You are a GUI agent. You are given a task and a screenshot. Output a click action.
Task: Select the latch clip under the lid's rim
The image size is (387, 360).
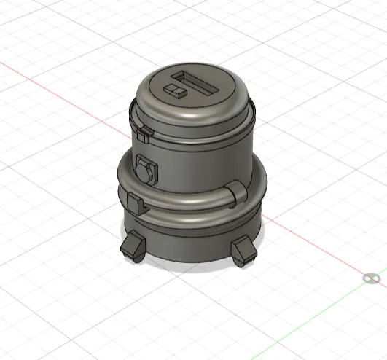tap(144, 133)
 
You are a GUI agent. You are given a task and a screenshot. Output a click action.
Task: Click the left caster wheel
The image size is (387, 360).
tap(132, 248)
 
